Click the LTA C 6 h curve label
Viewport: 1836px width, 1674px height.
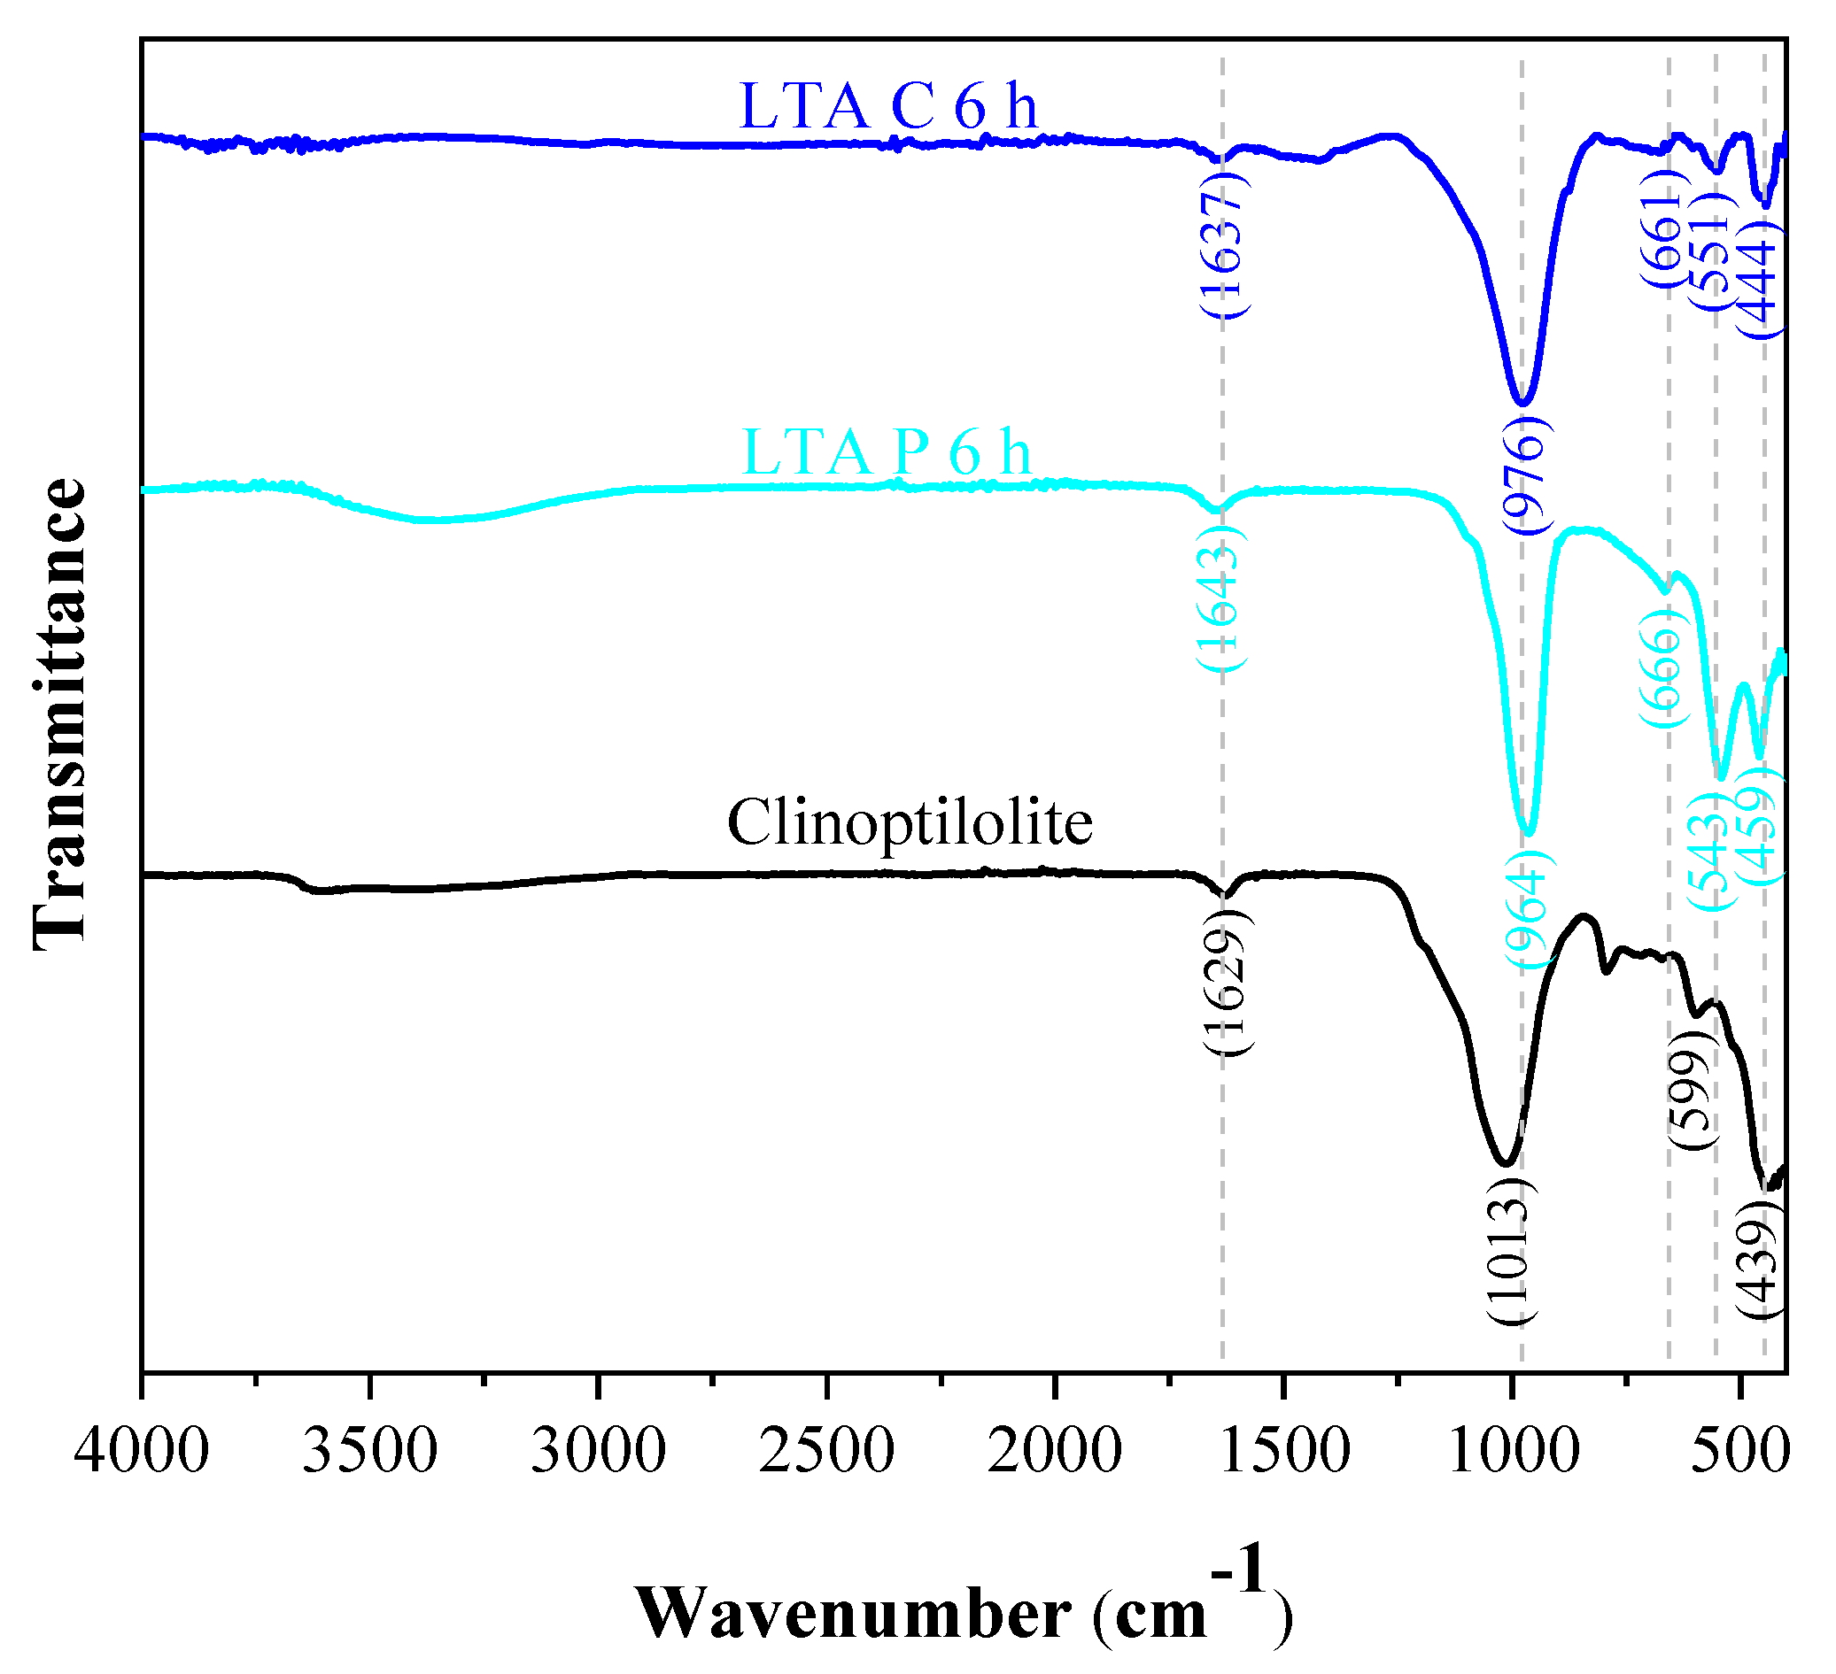coord(888,106)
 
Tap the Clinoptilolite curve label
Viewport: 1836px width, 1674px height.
coord(909,823)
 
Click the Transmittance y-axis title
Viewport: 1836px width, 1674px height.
coord(60,714)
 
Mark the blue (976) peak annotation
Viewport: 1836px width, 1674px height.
coord(1523,475)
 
